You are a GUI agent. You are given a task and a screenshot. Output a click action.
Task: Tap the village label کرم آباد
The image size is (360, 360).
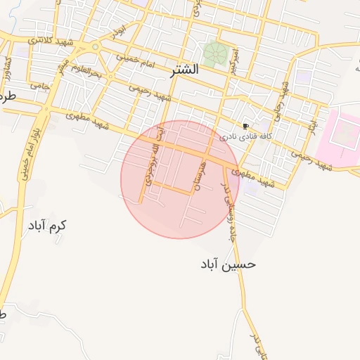(x=47, y=226)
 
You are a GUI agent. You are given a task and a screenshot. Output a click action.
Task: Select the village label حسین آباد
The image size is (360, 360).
(x=227, y=264)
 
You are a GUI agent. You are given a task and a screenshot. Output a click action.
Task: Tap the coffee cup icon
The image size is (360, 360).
(x=245, y=125)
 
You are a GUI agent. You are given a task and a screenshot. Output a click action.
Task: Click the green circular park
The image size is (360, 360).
(x=214, y=53)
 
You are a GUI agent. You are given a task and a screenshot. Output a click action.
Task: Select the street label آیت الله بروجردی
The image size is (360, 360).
(x=155, y=156)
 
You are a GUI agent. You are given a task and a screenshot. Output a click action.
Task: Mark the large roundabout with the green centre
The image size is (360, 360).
(x=95, y=47)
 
